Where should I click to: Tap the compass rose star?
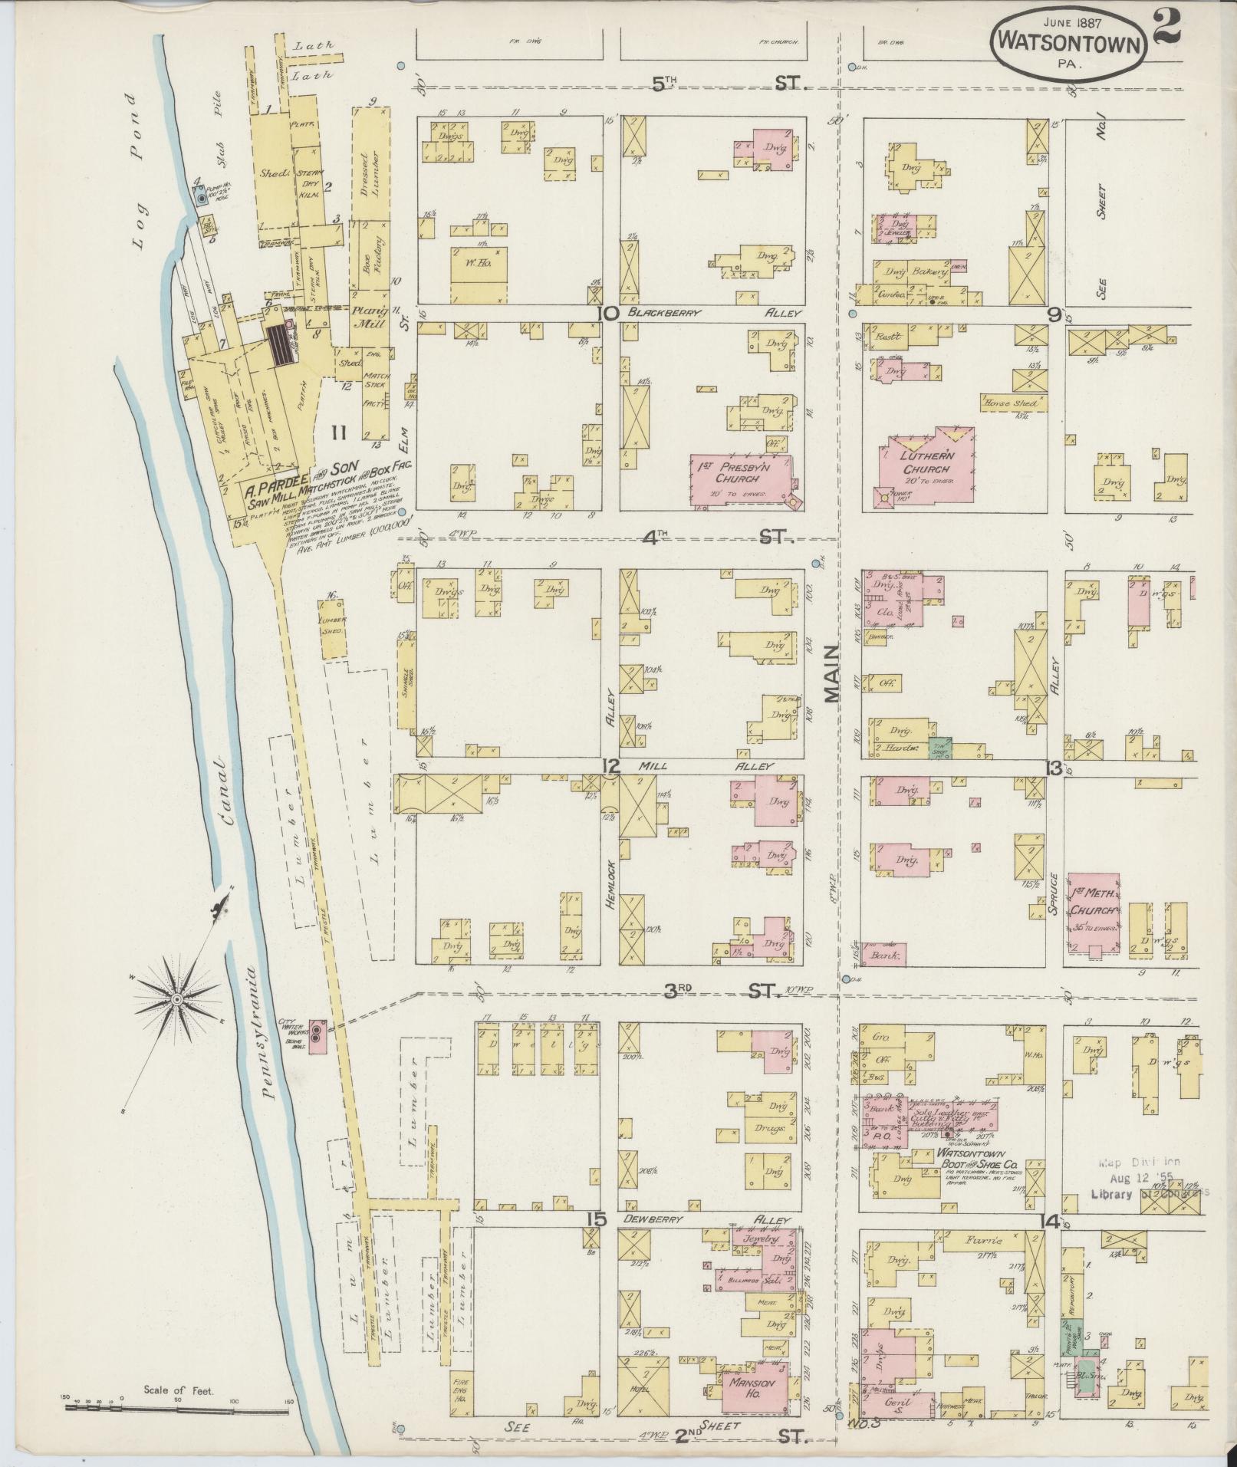pyautogui.click(x=177, y=999)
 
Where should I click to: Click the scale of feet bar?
pyautogui.click(x=176, y=1409)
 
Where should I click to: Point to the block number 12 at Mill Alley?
pyautogui.click(x=610, y=765)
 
